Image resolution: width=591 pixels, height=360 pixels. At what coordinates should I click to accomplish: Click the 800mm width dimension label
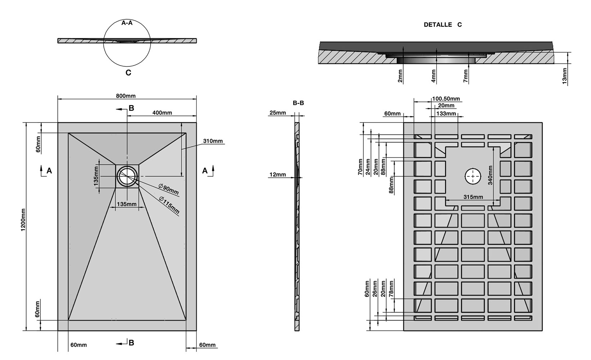point(126,96)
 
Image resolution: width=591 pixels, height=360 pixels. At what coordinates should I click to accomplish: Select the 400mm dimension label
point(162,113)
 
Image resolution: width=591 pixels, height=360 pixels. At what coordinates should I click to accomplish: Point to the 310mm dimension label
point(213,141)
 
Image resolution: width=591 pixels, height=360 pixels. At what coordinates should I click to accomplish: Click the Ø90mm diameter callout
point(169,189)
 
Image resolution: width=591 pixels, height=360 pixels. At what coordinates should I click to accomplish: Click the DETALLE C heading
point(442,25)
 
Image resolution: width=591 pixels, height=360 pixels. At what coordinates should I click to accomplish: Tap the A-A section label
point(127,23)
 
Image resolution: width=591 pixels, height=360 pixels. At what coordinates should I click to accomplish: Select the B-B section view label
point(298,103)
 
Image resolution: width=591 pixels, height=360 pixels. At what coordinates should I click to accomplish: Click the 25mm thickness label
point(277,113)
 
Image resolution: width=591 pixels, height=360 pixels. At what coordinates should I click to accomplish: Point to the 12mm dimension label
point(277,175)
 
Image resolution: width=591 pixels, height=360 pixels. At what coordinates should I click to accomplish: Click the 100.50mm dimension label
point(446,99)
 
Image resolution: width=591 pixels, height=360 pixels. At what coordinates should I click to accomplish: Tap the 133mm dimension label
point(446,114)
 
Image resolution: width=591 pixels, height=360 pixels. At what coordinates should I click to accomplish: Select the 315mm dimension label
point(473,197)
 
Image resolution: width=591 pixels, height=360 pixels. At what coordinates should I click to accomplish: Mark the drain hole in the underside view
point(473,176)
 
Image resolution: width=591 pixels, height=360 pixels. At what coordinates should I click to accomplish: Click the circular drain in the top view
point(127,176)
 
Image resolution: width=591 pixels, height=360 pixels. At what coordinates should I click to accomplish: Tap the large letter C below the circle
point(128,73)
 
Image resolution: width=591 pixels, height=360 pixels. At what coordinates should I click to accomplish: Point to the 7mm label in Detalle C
point(466,76)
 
